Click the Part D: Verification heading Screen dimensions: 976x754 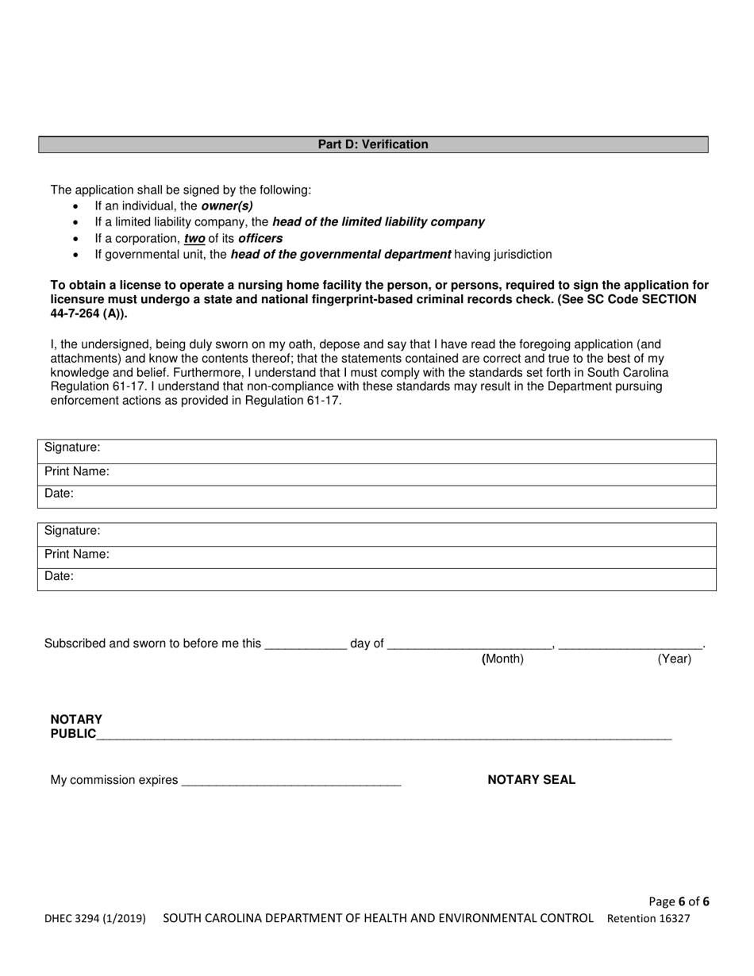373,144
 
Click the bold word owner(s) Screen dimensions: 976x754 227,206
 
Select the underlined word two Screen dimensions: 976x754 194,238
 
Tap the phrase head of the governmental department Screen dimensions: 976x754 340,255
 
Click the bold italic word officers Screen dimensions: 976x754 260,238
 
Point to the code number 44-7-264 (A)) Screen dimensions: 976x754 88,313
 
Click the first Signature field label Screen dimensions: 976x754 72,448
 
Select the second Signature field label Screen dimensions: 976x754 72,530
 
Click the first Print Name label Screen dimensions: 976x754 77,471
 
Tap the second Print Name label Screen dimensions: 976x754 77,554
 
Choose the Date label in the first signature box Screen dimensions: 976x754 59,494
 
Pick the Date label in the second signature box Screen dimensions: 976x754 59,576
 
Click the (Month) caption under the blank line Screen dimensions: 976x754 503,659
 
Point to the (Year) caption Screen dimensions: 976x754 674,659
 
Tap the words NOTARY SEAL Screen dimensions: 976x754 531,780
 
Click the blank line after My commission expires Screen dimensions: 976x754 291,782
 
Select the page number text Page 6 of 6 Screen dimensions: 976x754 679,901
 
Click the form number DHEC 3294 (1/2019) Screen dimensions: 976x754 94,919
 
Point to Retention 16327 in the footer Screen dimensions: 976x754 648,919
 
